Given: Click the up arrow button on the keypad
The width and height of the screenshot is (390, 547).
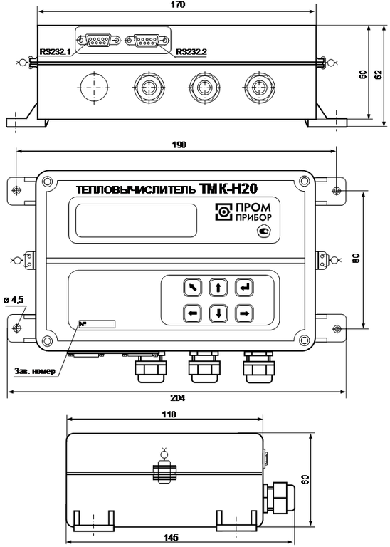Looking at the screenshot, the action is pyautogui.click(x=218, y=288).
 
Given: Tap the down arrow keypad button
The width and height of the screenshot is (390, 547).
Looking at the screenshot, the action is pyautogui.click(x=218, y=313).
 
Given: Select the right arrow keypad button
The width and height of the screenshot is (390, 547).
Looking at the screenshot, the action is pyautogui.click(x=244, y=313).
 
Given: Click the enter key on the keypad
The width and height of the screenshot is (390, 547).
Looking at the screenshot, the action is pyautogui.click(x=244, y=288).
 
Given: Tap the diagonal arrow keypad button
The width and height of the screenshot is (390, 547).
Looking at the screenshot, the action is pyautogui.click(x=193, y=288).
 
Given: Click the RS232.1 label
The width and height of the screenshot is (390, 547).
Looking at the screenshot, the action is pyautogui.click(x=56, y=52).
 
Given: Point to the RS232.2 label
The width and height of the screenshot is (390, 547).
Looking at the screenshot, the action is pyautogui.click(x=191, y=52).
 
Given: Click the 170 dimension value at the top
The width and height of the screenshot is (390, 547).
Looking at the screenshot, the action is pyautogui.click(x=179, y=4).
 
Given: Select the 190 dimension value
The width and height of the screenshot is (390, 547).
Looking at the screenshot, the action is pyautogui.click(x=179, y=145).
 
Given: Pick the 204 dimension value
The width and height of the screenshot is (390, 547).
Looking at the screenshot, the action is pyautogui.click(x=178, y=397).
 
